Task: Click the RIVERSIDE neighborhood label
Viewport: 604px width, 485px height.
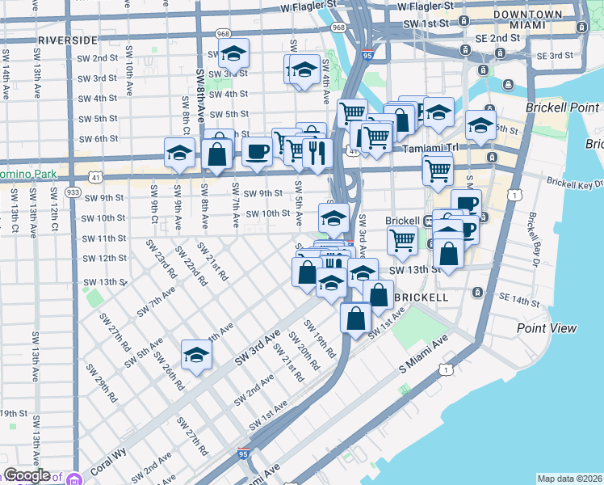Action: (x=67, y=39)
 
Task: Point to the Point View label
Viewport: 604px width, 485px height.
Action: (x=547, y=327)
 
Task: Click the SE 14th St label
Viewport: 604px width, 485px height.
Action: (x=519, y=301)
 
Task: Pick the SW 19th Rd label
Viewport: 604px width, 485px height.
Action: (x=319, y=339)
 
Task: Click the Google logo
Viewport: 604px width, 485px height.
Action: (x=27, y=475)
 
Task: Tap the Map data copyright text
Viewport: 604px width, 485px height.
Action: (x=569, y=479)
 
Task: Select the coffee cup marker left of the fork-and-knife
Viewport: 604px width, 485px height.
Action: (x=257, y=150)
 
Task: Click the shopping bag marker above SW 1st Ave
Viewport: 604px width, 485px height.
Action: (x=355, y=317)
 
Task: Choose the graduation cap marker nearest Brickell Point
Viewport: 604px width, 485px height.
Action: (x=480, y=124)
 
